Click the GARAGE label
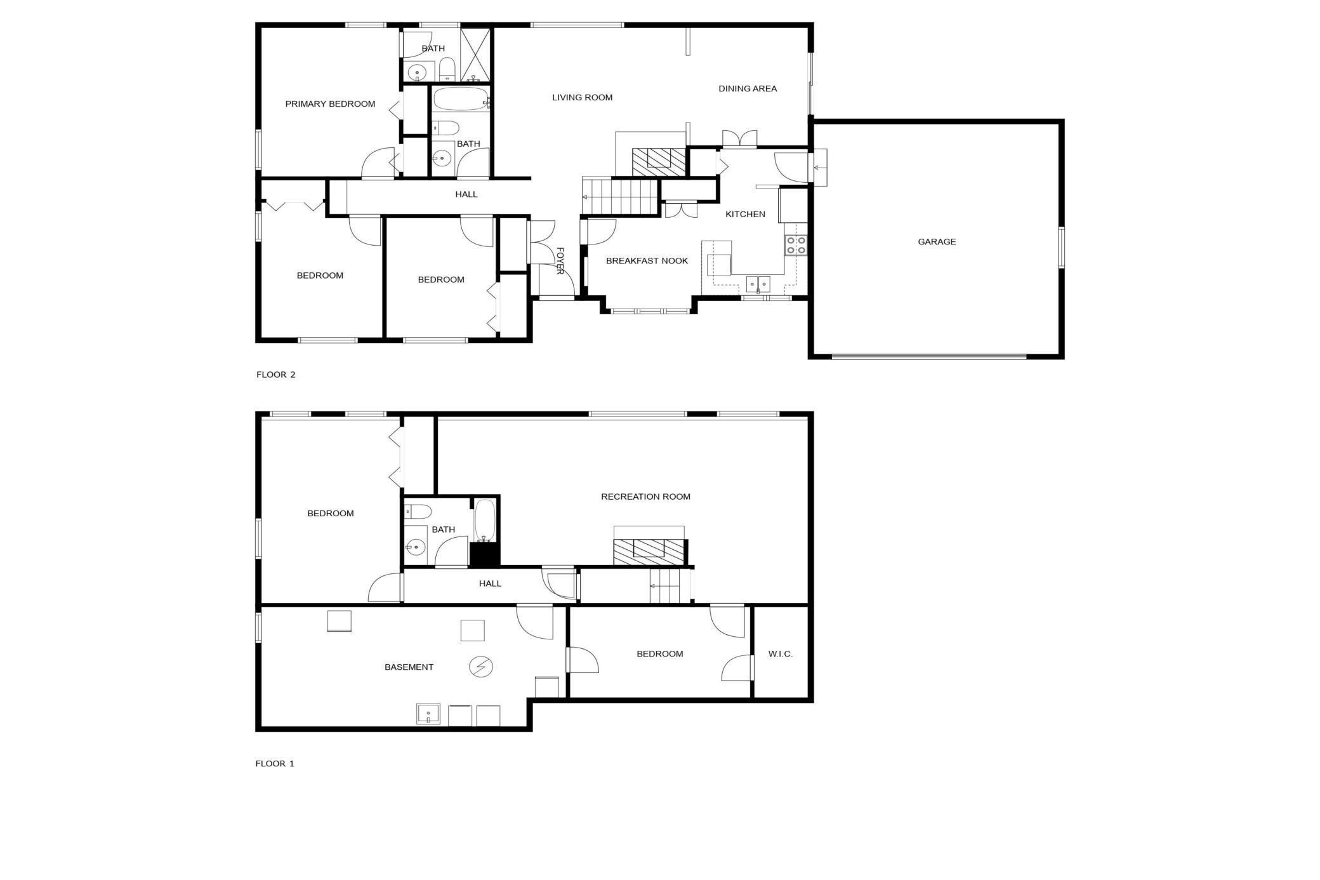pyautogui.click(x=937, y=242)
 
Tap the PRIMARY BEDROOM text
pyautogui.click(x=330, y=104)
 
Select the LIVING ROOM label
pyautogui.click(x=582, y=98)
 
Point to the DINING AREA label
pyautogui.click(x=748, y=89)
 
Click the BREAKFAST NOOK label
pyautogui.click(x=647, y=261)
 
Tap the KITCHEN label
pyautogui.click(x=745, y=215)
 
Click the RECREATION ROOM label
pyautogui.click(x=645, y=497)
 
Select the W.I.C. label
pyautogui.click(x=781, y=654)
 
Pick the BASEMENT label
pyautogui.click(x=409, y=667)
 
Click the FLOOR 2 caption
pyautogui.click(x=276, y=375)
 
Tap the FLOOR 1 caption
pyautogui.click(x=275, y=764)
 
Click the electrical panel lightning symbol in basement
pyautogui.click(x=480, y=667)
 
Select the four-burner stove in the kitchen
pyautogui.click(x=796, y=245)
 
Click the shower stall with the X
pyautogui.click(x=475, y=55)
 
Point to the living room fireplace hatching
pyautogui.click(x=659, y=162)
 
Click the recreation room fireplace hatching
pyautogui.click(x=649, y=552)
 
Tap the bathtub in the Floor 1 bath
pyautogui.click(x=485, y=521)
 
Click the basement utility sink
pyautogui.click(x=428, y=714)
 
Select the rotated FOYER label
pyautogui.click(x=560, y=261)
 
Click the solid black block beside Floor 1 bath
pyautogui.click(x=485, y=555)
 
